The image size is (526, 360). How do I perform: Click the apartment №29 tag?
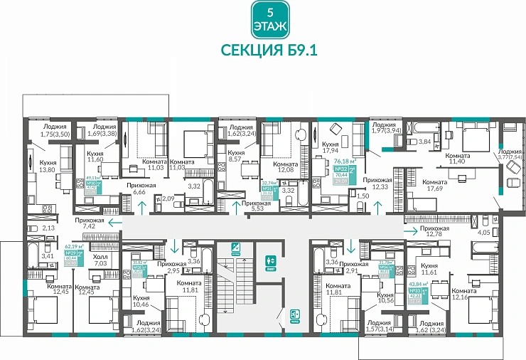click(71, 253)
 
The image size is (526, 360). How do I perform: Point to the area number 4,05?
click(485, 232)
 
